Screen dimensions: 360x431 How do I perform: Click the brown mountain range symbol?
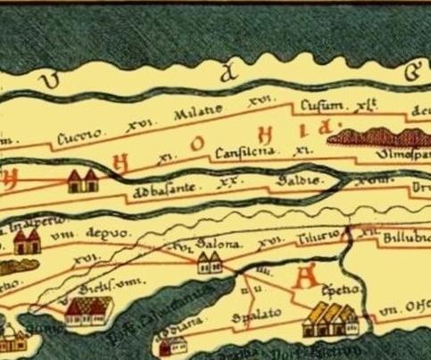tap(376, 136)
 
